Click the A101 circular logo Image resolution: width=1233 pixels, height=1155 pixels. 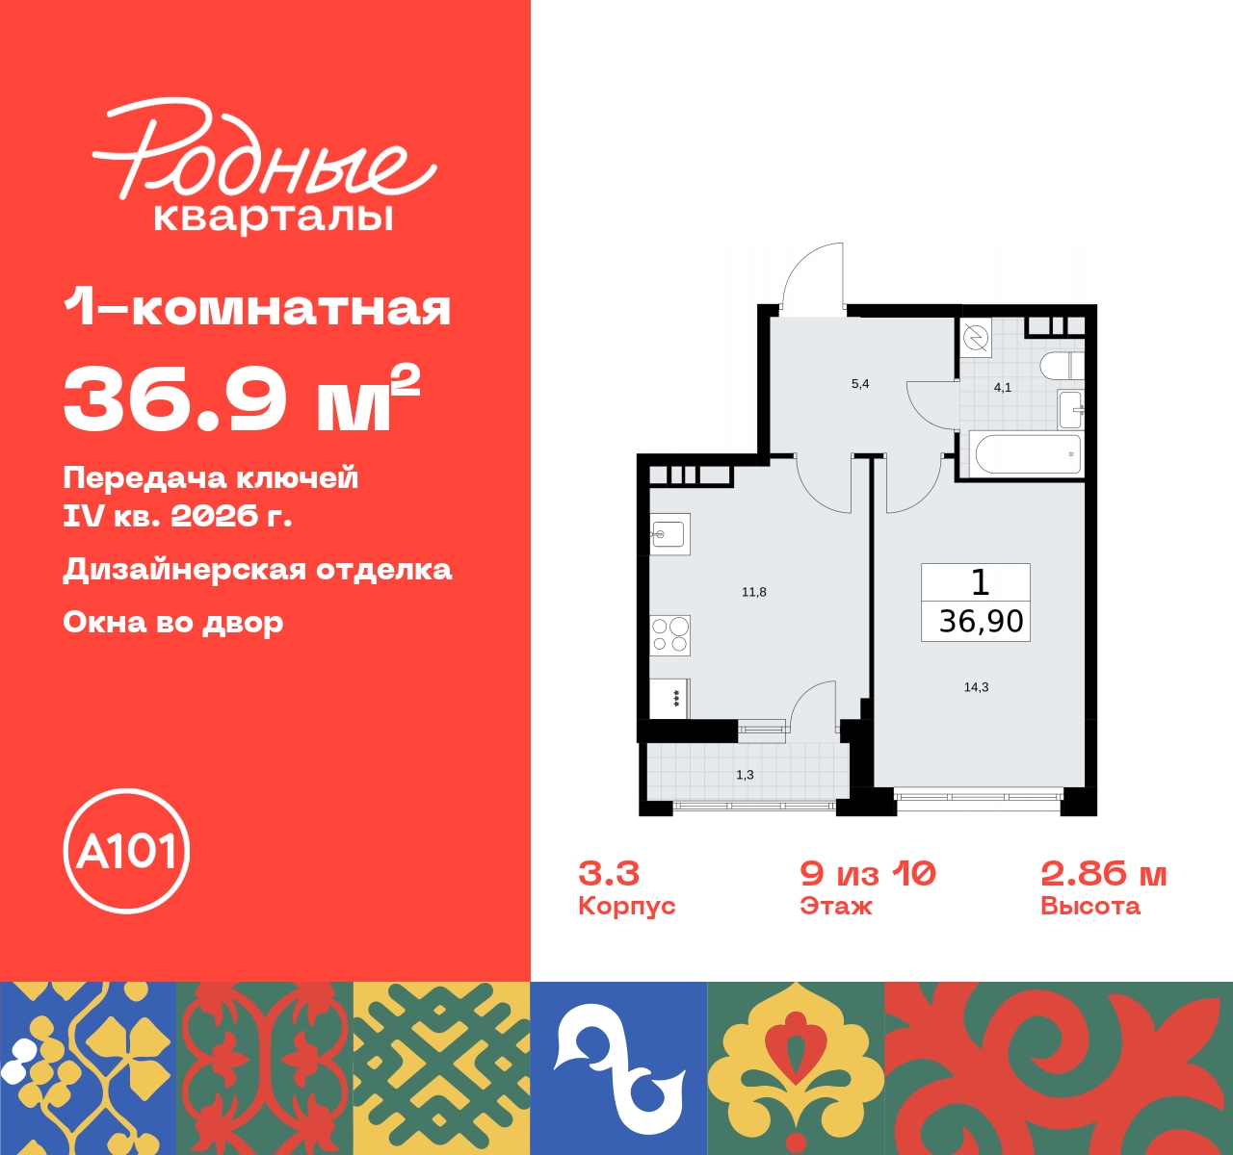tap(126, 851)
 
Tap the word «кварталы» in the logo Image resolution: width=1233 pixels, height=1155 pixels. tap(274, 217)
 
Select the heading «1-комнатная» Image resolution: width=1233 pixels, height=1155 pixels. tap(257, 308)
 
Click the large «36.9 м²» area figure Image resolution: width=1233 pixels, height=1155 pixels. tap(242, 398)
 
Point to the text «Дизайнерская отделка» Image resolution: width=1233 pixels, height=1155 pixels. tap(257, 569)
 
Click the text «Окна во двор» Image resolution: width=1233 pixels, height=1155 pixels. tap(173, 622)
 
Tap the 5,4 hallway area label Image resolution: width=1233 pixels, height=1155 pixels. tap(860, 384)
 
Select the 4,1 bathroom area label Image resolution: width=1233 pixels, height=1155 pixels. tap(1003, 388)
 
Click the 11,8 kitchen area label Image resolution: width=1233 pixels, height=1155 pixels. tap(754, 592)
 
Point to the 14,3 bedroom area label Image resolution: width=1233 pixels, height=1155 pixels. tap(976, 687)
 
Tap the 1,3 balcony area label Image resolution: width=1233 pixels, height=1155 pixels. tap(745, 775)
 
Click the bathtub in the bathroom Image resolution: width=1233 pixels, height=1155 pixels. tap(1028, 453)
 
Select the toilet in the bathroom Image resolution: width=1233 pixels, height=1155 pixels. tap(1062, 366)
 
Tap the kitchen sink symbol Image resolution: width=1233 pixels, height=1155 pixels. tap(669, 533)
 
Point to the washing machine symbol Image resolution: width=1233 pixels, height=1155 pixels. tap(976, 338)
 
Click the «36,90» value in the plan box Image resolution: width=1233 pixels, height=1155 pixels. tap(981, 622)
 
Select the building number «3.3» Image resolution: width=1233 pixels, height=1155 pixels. tap(609, 873)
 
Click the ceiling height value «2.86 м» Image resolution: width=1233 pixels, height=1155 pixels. tap(1104, 873)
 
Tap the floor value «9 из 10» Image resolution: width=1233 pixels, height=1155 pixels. tap(868, 873)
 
